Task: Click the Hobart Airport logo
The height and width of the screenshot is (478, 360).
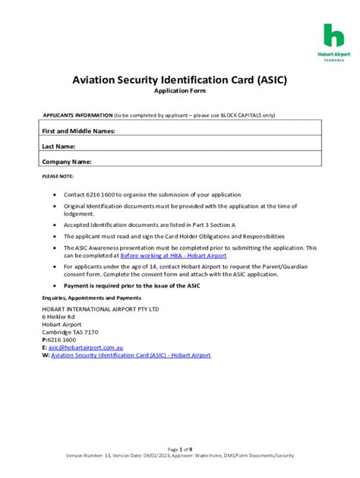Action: pyautogui.click(x=333, y=41)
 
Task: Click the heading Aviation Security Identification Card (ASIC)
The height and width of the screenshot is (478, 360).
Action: pyautogui.click(x=179, y=79)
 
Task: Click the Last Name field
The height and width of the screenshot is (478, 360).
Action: pyautogui.click(x=197, y=146)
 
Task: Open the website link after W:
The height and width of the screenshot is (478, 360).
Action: pyautogui.click(x=130, y=355)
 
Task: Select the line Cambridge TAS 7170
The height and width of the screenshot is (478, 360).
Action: pyautogui.click(x=70, y=332)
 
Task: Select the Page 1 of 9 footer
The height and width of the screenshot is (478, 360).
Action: pyautogui.click(x=179, y=449)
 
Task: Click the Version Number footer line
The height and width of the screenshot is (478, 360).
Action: pyautogui.click(x=179, y=456)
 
